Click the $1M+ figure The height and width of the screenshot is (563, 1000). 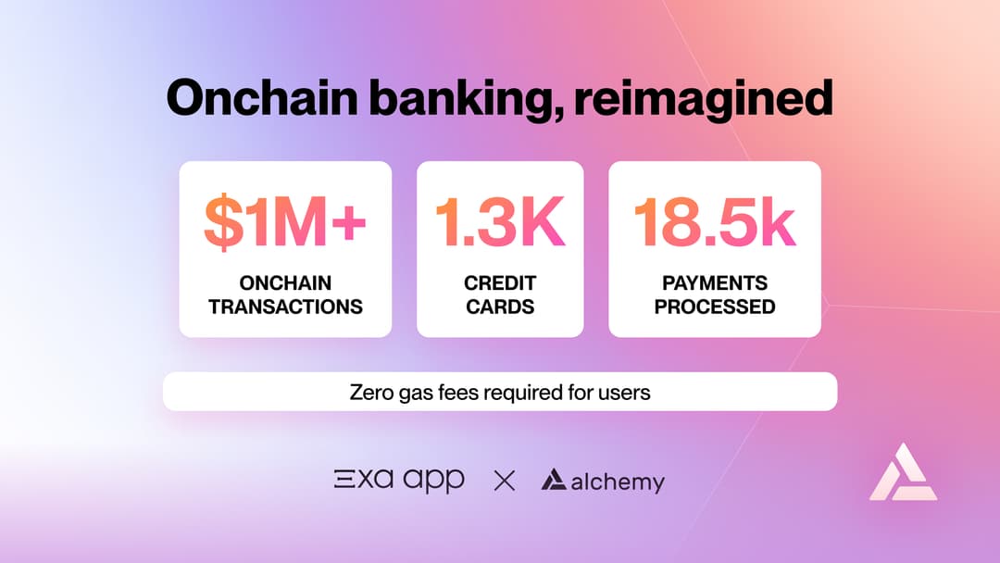(x=285, y=223)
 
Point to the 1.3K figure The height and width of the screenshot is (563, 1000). (x=500, y=223)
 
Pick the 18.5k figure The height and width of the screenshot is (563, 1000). (x=715, y=223)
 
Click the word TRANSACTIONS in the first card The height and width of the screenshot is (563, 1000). (x=285, y=307)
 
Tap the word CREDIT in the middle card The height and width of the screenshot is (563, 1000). (x=500, y=283)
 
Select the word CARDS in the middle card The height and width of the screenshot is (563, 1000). (x=500, y=307)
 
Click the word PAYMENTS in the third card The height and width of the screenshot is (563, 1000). (x=715, y=283)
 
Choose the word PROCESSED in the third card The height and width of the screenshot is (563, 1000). (x=715, y=307)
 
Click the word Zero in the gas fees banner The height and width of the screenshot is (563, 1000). (x=371, y=392)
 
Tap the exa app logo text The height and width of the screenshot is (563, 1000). (x=399, y=481)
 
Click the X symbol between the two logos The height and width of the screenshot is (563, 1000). (x=504, y=481)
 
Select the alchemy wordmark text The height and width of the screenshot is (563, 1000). (x=618, y=482)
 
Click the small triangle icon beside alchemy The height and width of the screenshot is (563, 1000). (x=554, y=480)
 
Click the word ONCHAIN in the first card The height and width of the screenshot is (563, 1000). (x=285, y=283)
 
